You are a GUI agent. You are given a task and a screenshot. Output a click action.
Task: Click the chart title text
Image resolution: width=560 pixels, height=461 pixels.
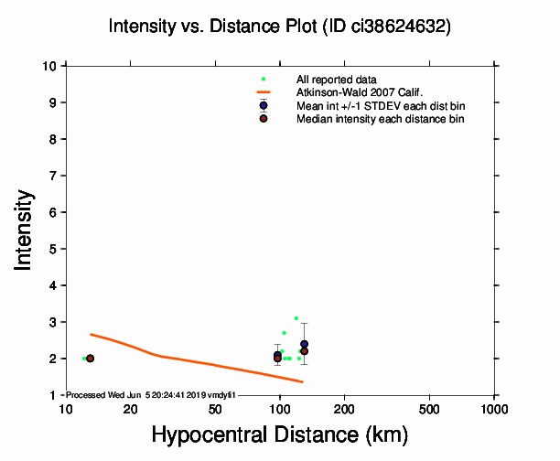point(279,27)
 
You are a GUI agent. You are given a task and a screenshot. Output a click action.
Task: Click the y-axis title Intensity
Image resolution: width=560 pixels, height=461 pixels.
point(26,230)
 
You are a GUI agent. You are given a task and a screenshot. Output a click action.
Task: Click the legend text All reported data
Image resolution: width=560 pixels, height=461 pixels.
point(335,80)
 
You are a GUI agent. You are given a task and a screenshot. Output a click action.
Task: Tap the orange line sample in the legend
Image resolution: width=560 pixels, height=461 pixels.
point(264,92)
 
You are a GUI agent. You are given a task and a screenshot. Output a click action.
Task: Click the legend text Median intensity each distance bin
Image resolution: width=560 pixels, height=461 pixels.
point(381,119)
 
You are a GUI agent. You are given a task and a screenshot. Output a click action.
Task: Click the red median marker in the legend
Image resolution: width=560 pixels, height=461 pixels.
point(264,119)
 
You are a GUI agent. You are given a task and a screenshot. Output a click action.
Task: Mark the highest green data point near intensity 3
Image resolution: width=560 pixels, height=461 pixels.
point(296,318)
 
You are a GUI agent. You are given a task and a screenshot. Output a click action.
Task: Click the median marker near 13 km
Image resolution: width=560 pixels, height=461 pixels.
point(90,359)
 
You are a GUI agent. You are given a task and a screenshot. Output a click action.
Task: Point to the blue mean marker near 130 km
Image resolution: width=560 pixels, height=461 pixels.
point(304,344)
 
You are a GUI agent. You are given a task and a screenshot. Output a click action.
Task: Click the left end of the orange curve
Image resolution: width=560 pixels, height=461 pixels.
point(91,335)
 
